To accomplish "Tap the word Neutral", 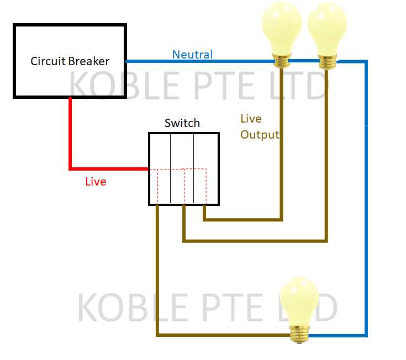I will coord(192,54).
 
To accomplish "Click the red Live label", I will coord(96,181).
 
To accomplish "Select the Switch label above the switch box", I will coord(182,123).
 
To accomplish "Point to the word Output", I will coord(260,135).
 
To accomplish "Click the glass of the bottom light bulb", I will coord(299,300).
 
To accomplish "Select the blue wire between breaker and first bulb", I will coord(199,61).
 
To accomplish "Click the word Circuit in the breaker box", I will coord(48,61).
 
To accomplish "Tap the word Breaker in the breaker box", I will coord(89,61).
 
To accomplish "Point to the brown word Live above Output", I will coord(251,119).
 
